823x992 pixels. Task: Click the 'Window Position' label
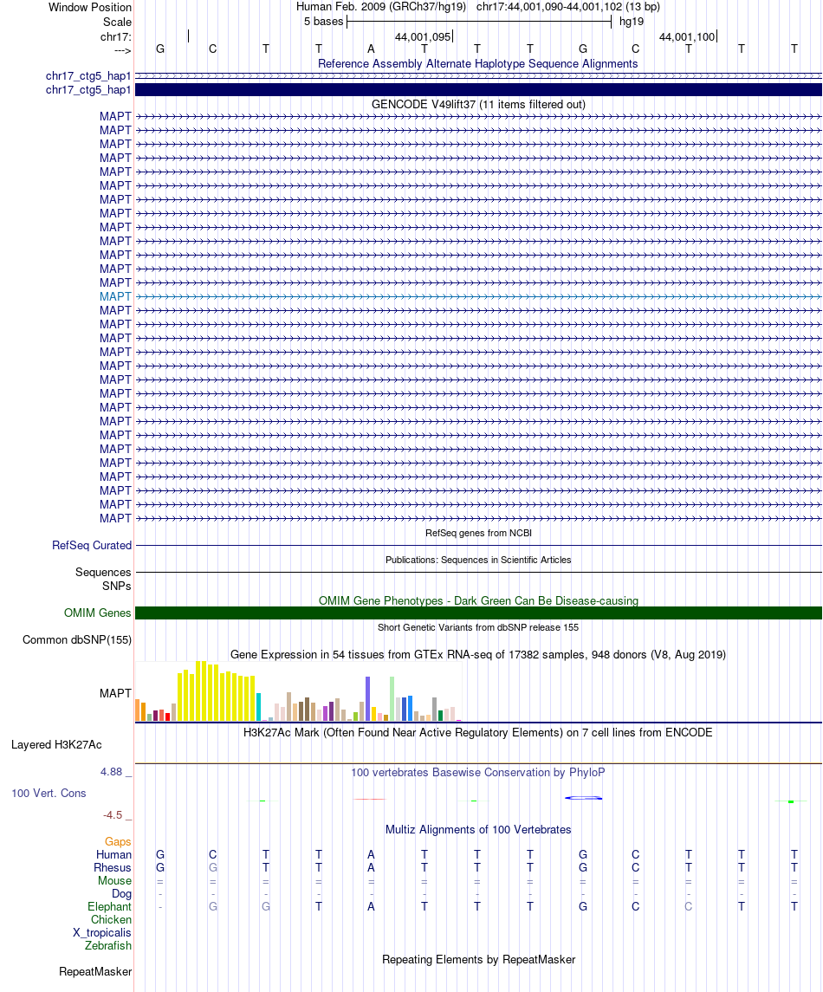coord(90,7)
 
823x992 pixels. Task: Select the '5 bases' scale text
coord(323,22)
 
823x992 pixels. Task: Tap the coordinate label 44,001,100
coord(687,37)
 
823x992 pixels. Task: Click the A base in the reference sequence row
coord(372,49)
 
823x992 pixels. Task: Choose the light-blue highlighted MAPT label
coord(115,296)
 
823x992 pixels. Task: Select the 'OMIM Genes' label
coord(98,613)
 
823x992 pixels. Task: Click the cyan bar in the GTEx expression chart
coord(259,707)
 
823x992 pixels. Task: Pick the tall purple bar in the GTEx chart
coord(368,698)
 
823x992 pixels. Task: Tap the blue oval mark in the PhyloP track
coord(583,797)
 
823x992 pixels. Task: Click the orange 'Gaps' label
coord(118,841)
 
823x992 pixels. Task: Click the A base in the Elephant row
coord(372,906)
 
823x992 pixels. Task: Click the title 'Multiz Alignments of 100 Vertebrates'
coord(477,829)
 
